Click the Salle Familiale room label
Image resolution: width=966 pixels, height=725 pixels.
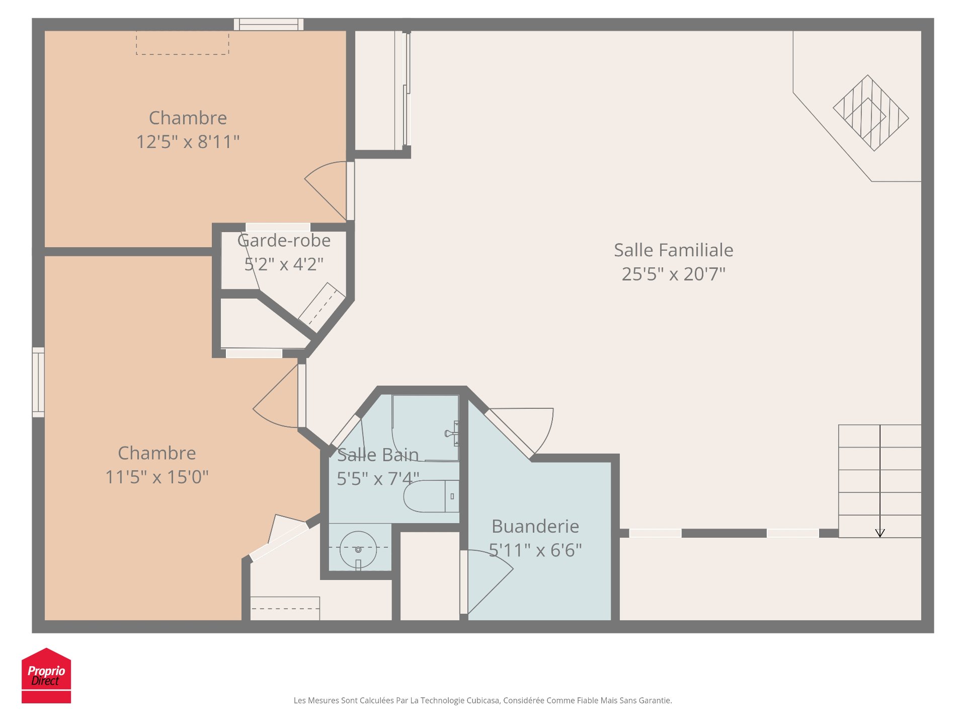673,250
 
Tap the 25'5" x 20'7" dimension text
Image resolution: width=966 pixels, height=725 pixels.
673,274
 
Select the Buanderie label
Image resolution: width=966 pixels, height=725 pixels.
535,526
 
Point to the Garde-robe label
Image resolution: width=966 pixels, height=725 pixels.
284,241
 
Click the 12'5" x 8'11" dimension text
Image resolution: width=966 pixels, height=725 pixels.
188,142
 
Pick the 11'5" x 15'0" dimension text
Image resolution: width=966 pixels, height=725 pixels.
156,477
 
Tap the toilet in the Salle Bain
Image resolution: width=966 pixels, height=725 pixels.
431,496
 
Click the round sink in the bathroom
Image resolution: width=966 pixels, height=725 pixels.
358,549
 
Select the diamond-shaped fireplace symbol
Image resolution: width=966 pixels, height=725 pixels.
871,113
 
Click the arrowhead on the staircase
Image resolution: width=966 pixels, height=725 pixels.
880,533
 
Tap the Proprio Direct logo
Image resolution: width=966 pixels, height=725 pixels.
46,676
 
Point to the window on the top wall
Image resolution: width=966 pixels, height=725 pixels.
269,24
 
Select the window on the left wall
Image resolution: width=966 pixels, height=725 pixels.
38,382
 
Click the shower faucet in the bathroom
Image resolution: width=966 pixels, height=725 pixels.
452,433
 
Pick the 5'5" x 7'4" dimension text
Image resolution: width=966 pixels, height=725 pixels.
378,479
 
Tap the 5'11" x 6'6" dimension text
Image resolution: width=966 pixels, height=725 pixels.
535,550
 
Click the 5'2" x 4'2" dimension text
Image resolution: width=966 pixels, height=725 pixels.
284,264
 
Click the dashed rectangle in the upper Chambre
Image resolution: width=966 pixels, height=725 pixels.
183,43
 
